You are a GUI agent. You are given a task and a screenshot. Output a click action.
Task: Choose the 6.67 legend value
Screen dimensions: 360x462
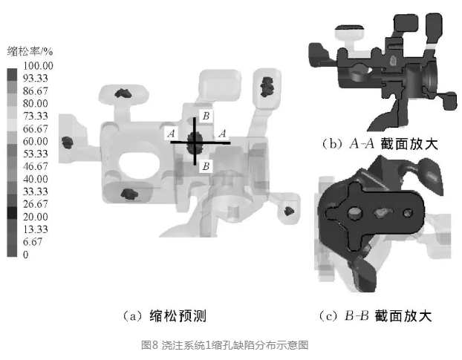[x=32, y=242]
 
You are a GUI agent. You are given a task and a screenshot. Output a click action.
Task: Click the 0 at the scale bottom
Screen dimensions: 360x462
[x=25, y=255]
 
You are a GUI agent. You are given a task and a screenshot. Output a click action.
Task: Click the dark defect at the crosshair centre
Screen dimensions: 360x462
[x=196, y=141]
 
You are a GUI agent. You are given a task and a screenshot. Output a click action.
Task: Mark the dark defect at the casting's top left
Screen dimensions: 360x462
[x=122, y=94]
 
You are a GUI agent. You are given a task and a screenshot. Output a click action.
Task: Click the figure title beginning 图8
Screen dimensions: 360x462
[x=224, y=345]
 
